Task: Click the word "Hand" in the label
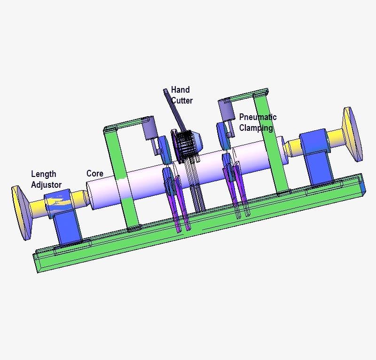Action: point(180,89)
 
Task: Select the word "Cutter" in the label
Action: point(182,100)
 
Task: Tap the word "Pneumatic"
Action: point(258,117)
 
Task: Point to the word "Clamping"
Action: point(256,128)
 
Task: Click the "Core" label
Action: point(94,174)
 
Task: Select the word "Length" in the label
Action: point(43,175)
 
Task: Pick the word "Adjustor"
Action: point(46,185)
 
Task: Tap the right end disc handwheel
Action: point(352,134)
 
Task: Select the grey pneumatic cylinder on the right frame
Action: point(226,111)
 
